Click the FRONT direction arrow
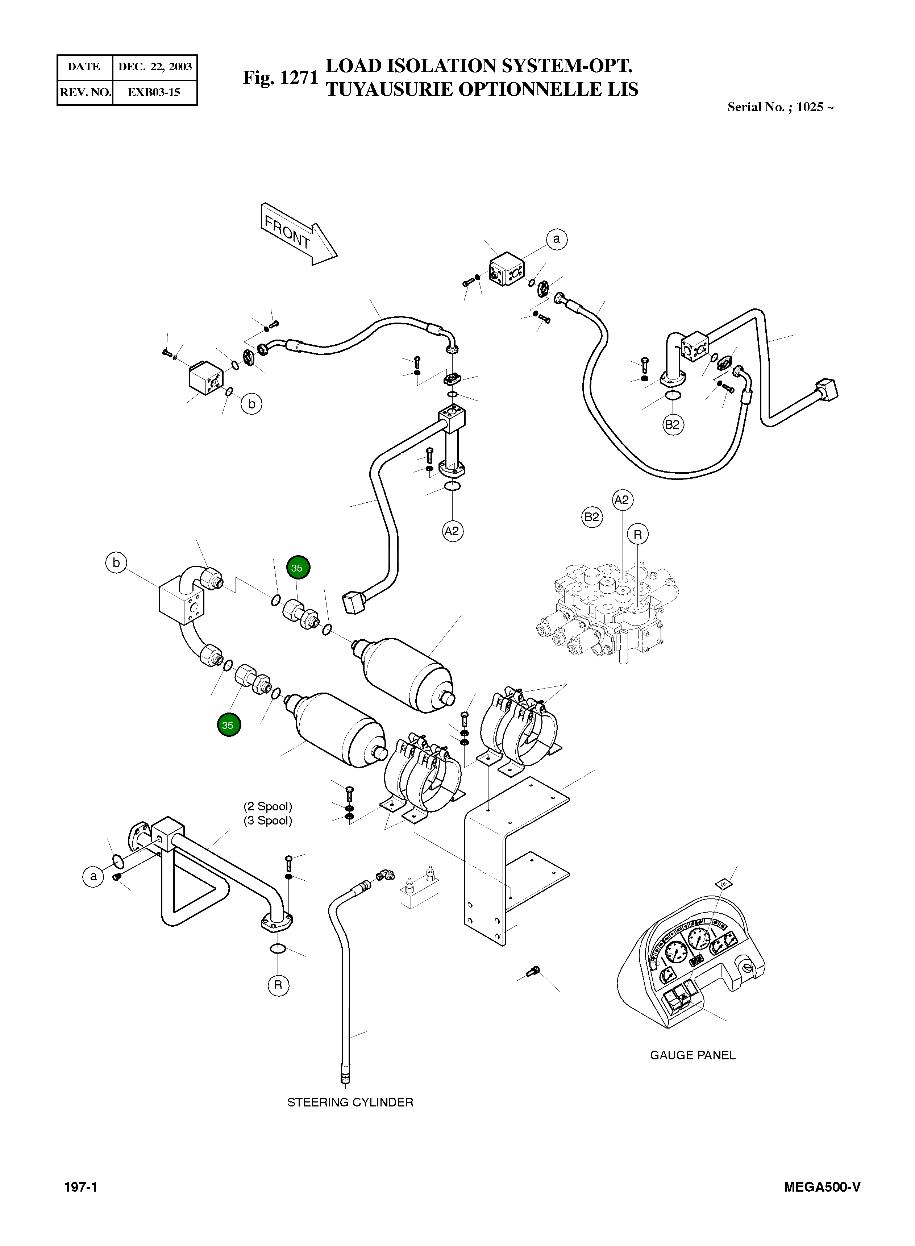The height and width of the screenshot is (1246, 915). pos(298,235)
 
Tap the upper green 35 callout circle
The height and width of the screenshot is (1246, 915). pos(298,568)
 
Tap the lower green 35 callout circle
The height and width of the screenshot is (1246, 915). pos(229,725)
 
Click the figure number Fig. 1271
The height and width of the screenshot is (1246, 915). pos(280,78)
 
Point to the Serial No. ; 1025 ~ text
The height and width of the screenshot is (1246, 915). pos(780,107)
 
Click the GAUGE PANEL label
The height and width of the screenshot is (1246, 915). pos(693,1055)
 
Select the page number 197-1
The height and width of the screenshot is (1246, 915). pos(81,1187)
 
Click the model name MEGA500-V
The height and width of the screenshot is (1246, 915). pos(822,1187)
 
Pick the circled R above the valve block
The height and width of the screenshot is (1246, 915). pos(637,535)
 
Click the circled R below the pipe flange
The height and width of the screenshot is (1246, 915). pos(278,985)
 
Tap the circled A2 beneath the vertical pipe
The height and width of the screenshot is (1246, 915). pos(453,531)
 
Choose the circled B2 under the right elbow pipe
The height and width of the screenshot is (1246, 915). pos(673,425)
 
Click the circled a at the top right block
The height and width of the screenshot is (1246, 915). pos(557,239)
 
